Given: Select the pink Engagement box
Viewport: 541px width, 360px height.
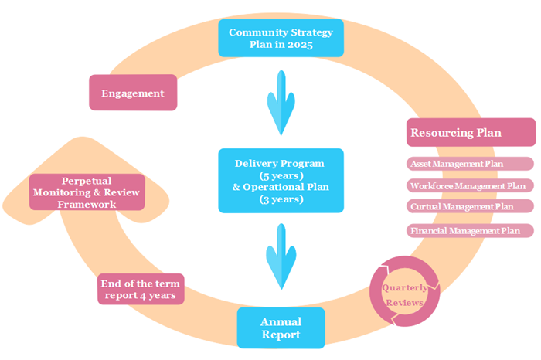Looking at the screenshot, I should coord(134,93).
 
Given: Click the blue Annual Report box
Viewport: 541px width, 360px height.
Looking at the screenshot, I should coord(281,328).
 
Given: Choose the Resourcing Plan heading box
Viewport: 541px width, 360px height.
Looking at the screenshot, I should coord(471,132).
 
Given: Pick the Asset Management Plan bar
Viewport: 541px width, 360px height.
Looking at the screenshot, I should coord(470,164).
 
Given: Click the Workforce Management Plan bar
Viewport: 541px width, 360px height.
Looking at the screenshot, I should coord(470,185).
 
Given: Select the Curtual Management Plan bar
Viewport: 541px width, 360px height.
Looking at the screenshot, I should coord(470,206).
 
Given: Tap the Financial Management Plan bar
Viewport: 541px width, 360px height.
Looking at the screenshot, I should coord(470,230).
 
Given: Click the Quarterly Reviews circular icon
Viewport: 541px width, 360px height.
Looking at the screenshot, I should coord(403,294).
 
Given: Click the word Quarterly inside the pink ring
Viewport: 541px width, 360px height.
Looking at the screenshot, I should coord(403,288).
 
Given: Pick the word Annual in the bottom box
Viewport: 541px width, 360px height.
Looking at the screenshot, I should coord(281,321).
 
